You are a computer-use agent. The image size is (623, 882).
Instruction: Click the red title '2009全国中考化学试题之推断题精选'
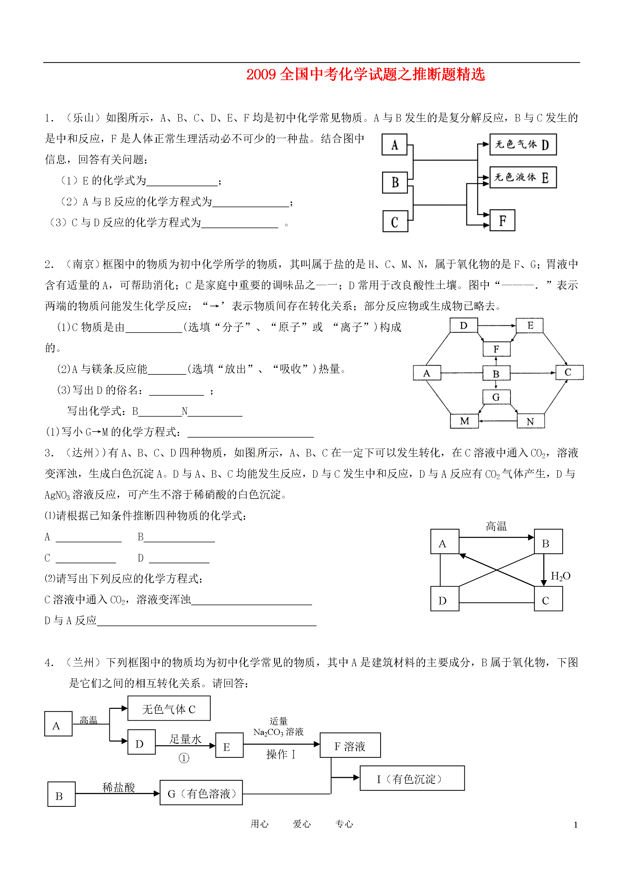tap(365, 75)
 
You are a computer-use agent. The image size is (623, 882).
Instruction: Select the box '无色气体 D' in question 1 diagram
tap(523, 144)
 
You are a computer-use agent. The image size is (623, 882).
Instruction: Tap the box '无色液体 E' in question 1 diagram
tap(523, 178)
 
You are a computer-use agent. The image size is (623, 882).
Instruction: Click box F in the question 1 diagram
tap(502, 220)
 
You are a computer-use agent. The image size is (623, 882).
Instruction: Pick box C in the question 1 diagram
tap(395, 221)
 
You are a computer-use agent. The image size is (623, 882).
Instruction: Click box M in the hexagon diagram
tap(464, 421)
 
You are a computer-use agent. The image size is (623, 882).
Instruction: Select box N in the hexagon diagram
tap(531, 421)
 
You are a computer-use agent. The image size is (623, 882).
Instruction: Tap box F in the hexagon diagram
tap(496, 349)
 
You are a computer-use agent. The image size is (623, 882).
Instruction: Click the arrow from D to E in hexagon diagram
tap(497, 326)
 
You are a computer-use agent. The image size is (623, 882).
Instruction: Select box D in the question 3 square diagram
tap(444, 600)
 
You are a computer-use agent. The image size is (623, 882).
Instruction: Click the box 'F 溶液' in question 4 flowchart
tap(350, 746)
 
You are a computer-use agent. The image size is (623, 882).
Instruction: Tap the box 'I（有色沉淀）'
tap(412, 779)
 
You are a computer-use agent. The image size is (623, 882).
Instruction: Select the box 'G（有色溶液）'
tap(201, 793)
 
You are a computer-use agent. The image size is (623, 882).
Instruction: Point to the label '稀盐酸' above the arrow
tap(119, 787)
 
